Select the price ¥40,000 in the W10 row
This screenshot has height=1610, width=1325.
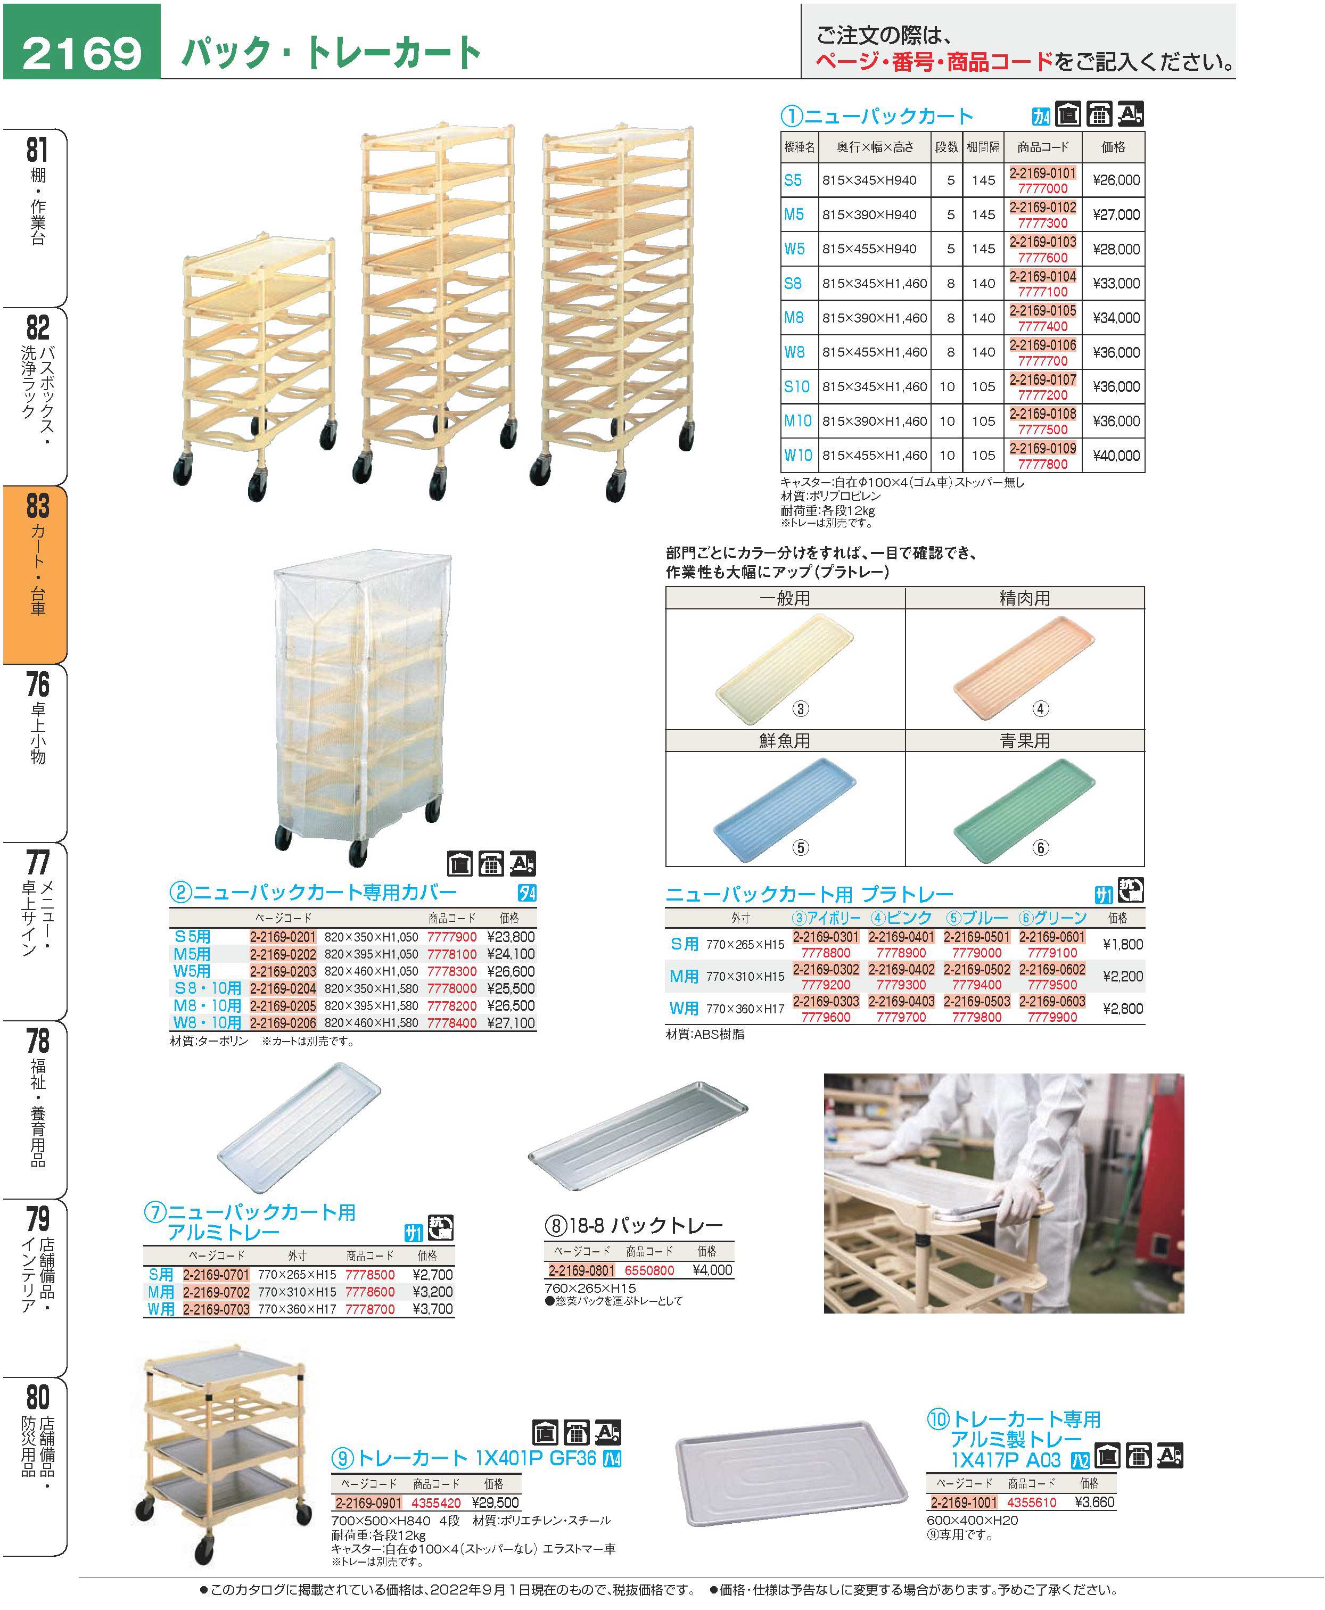tap(1115, 456)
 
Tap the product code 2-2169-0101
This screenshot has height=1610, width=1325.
tap(1043, 173)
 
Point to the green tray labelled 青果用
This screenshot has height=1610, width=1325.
tap(1024, 809)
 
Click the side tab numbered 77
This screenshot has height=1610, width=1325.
tap(36, 931)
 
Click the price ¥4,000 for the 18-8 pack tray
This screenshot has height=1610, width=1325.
tap(711, 1270)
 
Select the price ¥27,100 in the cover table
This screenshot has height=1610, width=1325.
tap(511, 1022)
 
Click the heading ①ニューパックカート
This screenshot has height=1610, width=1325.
tap(877, 116)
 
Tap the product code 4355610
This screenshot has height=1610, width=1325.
tap(1031, 1502)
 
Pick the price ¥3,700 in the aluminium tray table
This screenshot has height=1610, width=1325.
tap(432, 1309)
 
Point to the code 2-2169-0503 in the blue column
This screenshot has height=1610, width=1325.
tap(976, 1001)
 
